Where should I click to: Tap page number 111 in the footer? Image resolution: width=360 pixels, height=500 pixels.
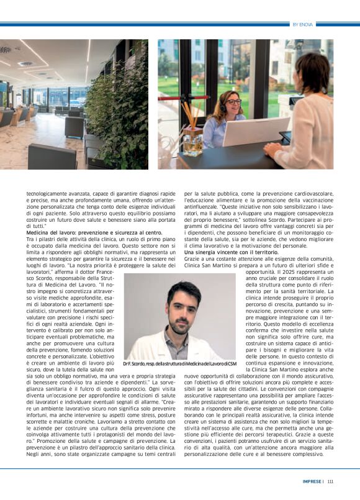pos(330,480)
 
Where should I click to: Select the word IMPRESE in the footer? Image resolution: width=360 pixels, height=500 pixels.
pos(311,480)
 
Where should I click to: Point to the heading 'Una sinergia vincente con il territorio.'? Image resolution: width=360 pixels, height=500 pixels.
pos(230,252)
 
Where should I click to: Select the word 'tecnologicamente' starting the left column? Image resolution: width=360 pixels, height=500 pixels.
pos(47,194)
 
